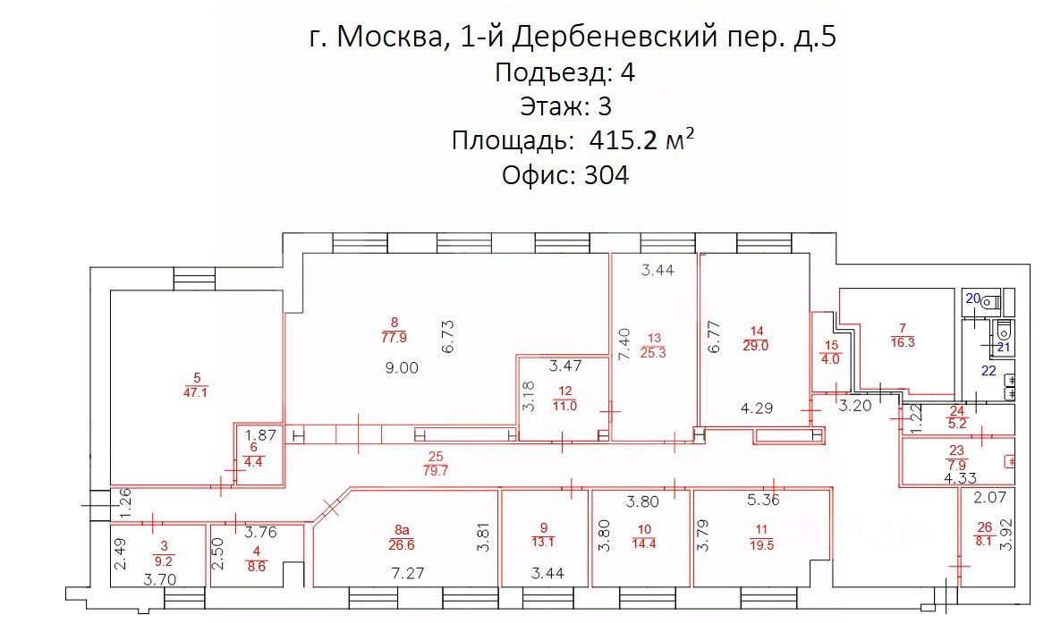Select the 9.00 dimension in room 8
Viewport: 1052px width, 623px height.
point(401,367)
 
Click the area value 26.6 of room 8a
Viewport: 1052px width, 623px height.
point(402,543)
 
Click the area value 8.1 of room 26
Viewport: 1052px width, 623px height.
point(984,540)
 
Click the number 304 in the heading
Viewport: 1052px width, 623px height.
point(606,175)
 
